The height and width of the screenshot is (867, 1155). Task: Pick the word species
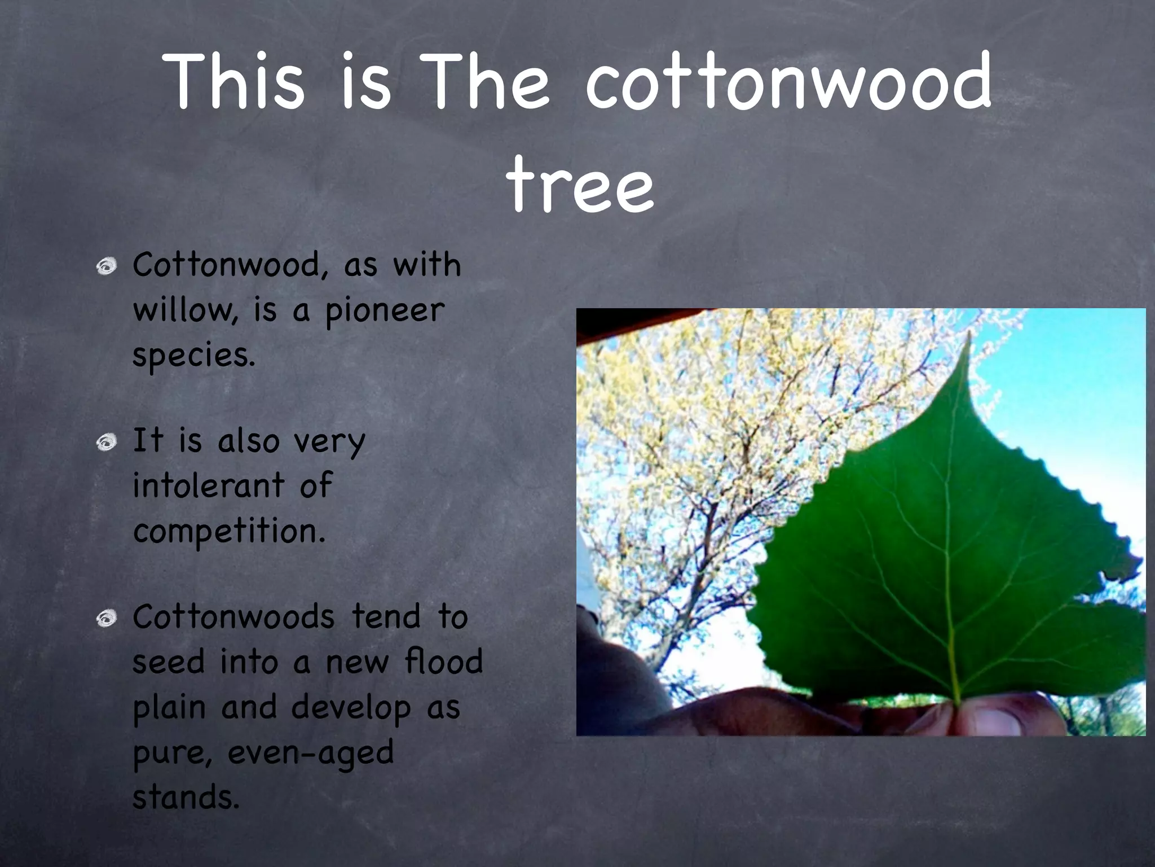(193, 356)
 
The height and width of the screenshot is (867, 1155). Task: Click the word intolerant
(208, 485)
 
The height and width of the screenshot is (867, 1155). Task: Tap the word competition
(229, 532)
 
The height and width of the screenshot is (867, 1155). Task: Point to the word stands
(186, 798)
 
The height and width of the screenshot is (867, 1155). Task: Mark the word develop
(351, 708)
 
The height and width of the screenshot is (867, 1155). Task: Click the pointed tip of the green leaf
(969, 338)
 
